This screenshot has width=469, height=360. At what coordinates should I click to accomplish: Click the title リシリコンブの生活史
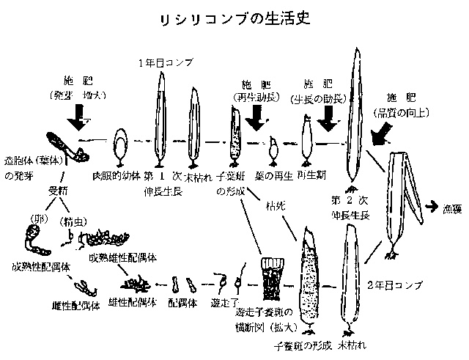click(234, 18)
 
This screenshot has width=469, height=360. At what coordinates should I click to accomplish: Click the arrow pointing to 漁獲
click(432, 207)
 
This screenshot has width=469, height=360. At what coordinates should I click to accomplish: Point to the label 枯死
click(276, 207)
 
